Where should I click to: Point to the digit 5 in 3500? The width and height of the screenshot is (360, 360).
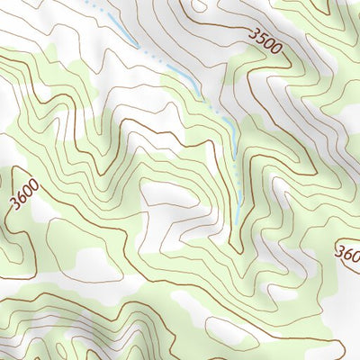coord(264,38)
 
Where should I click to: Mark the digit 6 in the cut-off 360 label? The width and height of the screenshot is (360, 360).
coord(349,252)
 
